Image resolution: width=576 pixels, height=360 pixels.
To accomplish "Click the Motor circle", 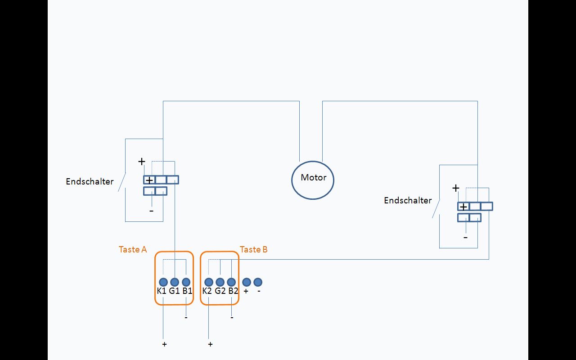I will pos(313,180).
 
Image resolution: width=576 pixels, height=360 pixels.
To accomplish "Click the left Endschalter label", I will pos(90,182).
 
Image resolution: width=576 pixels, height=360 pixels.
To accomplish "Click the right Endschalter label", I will pos(408,201).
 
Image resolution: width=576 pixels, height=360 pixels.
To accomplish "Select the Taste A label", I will pos(133,249).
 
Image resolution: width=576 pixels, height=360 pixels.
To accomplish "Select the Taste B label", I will pos(254,249).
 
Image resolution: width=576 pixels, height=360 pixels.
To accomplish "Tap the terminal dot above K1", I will pos(163,282).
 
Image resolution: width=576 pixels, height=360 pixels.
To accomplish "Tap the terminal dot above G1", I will pos(175,282).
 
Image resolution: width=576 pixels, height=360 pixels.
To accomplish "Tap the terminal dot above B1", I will pos(186,282).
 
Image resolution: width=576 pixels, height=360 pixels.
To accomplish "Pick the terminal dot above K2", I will pos(209,282).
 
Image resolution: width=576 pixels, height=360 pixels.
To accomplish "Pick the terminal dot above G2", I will pos(220,282).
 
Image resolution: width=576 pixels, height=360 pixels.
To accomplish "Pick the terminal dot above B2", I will pos(231,282).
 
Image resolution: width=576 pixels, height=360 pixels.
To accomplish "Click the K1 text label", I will pos(162,291).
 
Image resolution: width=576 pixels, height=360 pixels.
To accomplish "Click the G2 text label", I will pos(220,291).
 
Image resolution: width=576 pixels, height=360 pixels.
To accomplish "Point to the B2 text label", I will pos(233,291).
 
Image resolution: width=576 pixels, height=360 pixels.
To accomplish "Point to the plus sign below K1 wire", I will pos(165,344).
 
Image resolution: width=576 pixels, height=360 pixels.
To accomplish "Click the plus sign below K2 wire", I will pos(210,344).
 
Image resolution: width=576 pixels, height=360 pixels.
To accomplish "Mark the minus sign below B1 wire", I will pos(186,317).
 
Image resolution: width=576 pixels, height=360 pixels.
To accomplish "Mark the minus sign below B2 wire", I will pos(232,317).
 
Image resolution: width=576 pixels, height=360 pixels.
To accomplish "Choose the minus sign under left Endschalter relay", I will pos(151,211).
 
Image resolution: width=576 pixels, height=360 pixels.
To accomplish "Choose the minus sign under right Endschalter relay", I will pos(465,237).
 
